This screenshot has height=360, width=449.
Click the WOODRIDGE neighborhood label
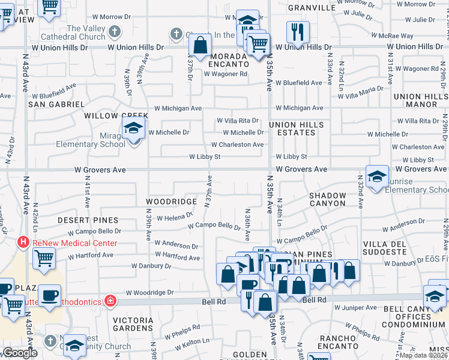(171, 202)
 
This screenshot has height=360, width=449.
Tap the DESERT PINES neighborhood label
(88, 221)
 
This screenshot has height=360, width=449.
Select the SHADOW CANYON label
(328, 199)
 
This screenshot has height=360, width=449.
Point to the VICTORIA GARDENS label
(133, 324)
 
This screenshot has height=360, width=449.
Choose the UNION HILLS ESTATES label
(297, 128)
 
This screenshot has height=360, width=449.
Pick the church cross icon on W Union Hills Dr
(176, 34)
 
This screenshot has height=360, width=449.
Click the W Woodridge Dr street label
(149, 293)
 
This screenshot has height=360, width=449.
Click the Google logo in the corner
(20, 353)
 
